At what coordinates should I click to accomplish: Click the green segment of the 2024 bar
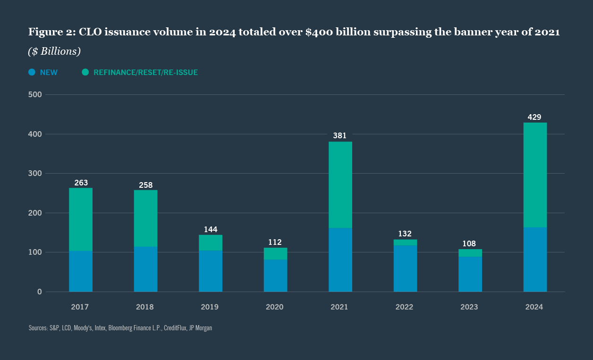535,175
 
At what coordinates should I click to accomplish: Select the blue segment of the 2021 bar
340,260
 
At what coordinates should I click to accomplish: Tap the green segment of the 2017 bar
81,219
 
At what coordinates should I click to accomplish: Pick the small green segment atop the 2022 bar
405,243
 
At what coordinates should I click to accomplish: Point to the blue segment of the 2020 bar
275,276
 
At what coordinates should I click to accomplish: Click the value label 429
534,117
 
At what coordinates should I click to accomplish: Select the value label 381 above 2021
339,136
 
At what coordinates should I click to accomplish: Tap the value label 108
469,244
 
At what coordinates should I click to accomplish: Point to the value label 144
210,229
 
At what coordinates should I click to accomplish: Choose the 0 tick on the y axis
40,292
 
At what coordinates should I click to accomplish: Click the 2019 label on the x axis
210,307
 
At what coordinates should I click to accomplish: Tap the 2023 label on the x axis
469,307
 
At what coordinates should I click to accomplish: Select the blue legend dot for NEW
32,72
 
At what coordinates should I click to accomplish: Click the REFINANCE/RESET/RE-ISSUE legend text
145,73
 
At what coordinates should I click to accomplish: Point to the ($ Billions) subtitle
54,51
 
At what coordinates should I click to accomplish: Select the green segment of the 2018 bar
145,218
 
